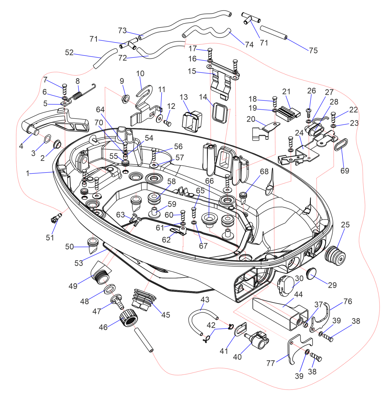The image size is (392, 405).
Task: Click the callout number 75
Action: point(313,50)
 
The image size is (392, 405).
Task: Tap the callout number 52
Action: point(69,52)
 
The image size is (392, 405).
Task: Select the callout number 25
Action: point(345,225)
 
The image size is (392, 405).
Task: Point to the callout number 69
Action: point(345,171)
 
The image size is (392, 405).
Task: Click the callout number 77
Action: point(270,363)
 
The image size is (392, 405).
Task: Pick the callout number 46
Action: point(103,327)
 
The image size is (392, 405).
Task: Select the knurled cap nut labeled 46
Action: point(129,317)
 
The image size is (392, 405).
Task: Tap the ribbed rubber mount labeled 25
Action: point(335,256)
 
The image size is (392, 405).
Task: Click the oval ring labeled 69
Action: point(341,144)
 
